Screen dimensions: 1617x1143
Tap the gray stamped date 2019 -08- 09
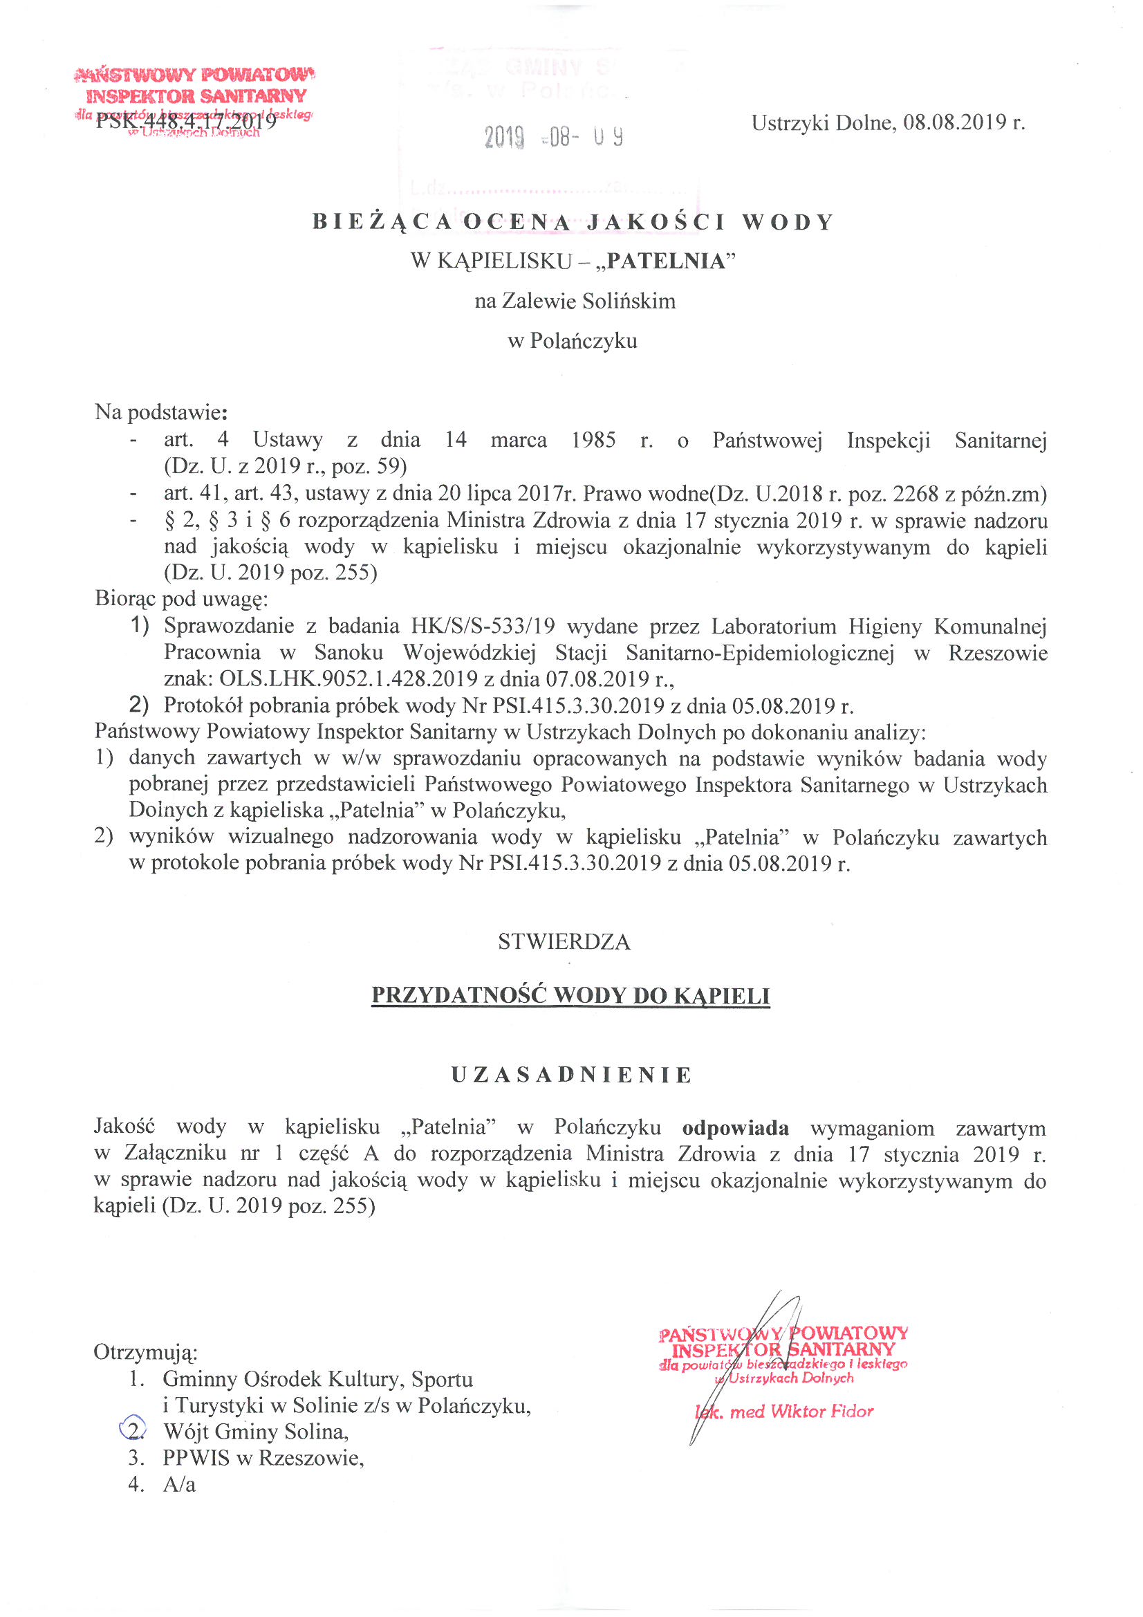[x=553, y=137]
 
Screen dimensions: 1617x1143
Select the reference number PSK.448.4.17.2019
[x=186, y=121]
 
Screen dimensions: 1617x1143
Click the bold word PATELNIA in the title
[x=665, y=261]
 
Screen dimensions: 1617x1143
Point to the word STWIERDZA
[x=564, y=942]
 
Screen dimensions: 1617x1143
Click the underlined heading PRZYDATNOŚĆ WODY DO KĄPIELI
[x=570, y=996]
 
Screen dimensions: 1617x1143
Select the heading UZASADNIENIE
[x=571, y=1075]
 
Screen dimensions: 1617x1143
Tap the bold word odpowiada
[x=735, y=1128]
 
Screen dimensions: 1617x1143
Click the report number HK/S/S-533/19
[x=483, y=626]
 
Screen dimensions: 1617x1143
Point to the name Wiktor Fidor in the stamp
[x=822, y=1412]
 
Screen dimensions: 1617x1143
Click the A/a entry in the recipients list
[x=180, y=1485]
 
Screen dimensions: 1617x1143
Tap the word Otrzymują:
[x=146, y=1352]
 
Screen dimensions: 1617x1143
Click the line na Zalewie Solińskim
[x=575, y=302]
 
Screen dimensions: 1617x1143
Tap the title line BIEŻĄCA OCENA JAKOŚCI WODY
[x=573, y=222]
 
